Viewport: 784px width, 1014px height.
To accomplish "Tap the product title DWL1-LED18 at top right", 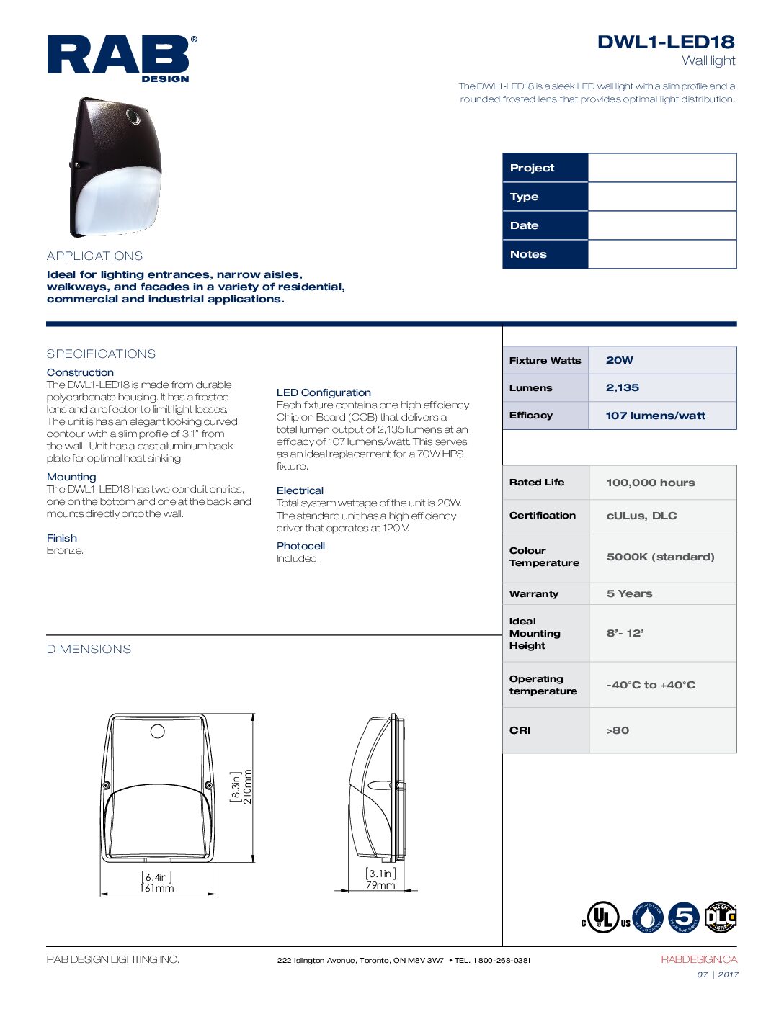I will point(665,42).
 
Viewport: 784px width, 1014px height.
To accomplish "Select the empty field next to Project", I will point(661,168).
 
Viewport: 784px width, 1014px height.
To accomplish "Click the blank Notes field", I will point(661,254).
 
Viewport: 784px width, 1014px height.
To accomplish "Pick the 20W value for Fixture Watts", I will point(620,360).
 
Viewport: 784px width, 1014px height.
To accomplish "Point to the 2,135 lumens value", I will point(623,387).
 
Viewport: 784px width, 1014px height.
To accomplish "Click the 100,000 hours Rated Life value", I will point(651,483).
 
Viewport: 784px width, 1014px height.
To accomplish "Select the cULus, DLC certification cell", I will point(641,516).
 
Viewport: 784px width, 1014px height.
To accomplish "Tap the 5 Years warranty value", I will point(629,593).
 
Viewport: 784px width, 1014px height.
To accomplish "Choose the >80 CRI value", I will point(618,730).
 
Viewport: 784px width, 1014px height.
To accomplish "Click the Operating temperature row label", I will point(543,685).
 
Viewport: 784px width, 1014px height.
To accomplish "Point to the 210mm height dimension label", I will point(248,786).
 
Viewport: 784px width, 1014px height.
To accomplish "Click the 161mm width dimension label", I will point(157,888).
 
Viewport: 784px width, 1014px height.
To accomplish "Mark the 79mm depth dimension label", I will point(380,885).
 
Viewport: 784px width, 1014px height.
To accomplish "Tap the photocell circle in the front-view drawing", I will point(158,732).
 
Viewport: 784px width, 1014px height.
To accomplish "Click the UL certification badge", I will point(603,917).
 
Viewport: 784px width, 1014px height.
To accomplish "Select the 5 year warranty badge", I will point(684,917).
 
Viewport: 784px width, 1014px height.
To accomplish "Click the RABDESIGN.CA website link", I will point(699,959).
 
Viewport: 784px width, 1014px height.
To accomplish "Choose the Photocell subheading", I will point(300,546).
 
